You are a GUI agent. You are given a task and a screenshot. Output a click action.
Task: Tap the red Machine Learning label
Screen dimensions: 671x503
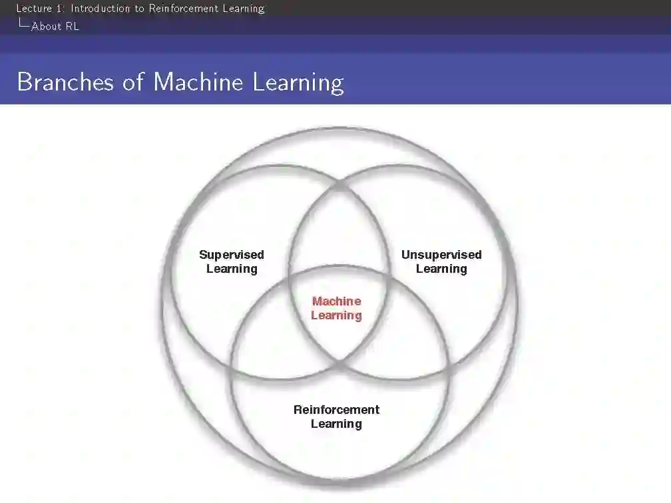336,308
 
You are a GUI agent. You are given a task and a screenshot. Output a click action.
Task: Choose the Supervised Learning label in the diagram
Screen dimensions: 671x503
232,261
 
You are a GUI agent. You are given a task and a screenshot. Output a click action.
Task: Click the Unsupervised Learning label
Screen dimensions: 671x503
441,261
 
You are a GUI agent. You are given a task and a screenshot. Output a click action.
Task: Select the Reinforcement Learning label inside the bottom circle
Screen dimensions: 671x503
336,417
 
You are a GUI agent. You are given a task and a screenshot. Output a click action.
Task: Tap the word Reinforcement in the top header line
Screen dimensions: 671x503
182,9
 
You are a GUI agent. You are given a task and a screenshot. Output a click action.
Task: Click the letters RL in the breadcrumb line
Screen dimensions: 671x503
72,27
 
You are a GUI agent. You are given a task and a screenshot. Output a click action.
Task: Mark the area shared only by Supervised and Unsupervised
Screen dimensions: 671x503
338,233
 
